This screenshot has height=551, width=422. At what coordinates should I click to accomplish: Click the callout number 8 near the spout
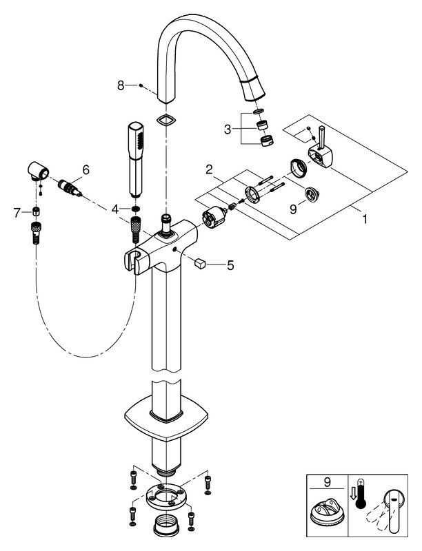(121, 85)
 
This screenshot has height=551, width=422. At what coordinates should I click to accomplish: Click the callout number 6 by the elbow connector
(86, 169)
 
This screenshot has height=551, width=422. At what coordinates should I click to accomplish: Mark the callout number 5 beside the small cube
(230, 263)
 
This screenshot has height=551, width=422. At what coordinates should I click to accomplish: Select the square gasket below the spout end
(165, 120)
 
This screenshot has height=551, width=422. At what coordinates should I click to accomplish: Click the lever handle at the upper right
(323, 156)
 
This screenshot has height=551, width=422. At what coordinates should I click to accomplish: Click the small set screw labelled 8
(141, 85)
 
